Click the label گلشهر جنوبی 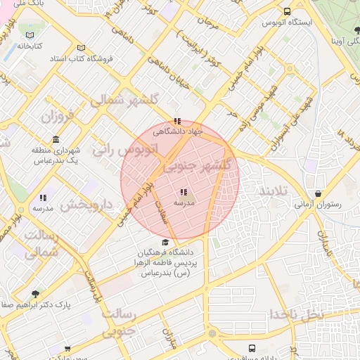198,167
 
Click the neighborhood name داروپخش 86,205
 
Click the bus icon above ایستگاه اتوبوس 287,11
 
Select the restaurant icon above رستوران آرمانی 319,193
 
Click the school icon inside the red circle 183,192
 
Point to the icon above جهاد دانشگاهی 177,120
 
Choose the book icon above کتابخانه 29,35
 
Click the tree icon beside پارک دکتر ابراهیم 35,294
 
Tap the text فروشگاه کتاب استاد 82,59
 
